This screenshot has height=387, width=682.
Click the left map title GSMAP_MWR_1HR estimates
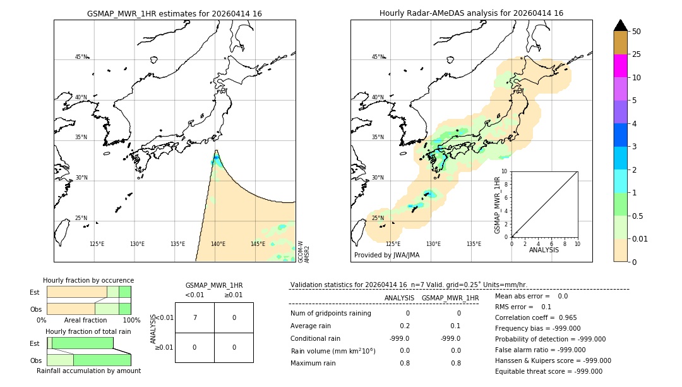coord(174,13)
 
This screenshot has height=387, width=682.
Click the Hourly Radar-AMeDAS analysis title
coord(471,13)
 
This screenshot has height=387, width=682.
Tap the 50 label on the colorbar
coord(637,32)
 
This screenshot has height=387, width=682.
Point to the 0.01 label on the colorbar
coord(640,238)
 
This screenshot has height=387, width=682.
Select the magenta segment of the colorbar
coord(620,66)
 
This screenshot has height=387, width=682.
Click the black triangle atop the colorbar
coord(620,25)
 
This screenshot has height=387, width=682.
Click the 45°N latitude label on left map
coord(81,57)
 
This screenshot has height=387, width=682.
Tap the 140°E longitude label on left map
coord(218,244)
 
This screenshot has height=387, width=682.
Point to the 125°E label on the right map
coord(393,244)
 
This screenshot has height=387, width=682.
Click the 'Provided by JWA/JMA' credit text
coord(386,255)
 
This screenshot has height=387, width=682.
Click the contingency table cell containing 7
coord(194,317)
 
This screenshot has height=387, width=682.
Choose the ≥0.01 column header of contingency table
coord(233,295)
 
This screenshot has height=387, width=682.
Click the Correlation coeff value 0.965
coord(563,317)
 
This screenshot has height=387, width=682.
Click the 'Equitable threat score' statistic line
coord(548,371)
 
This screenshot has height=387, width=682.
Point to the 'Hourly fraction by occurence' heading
coord(88,280)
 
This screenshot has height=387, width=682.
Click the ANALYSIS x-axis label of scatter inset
coord(544,250)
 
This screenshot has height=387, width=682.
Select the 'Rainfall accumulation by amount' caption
coord(88,371)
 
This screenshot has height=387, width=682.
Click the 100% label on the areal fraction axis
coord(131,320)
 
